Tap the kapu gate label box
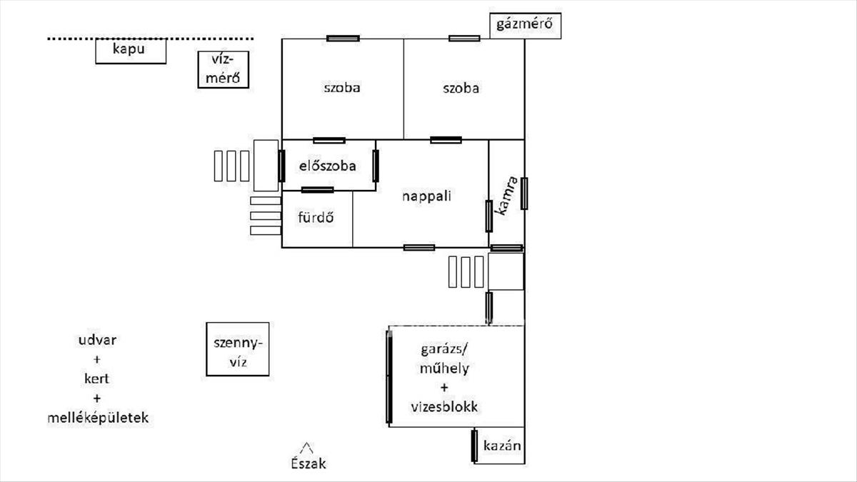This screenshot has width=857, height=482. [131, 51]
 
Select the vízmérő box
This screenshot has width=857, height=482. [224, 69]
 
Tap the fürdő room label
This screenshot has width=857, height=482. [316, 218]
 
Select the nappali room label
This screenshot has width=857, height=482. [426, 196]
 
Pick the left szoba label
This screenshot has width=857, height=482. [342, 89]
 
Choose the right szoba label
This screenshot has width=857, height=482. [461, 89]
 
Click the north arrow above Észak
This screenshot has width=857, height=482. [307, 447]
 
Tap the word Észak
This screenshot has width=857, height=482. [308, 463]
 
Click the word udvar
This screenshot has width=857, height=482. [97, 339]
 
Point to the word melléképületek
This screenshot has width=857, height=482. [97, 418]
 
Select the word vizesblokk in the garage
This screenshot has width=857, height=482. [443, 408]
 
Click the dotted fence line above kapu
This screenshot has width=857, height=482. [150, 39]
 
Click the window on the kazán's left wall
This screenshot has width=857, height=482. [473, 446]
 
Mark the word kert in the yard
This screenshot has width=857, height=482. [97, 378]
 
